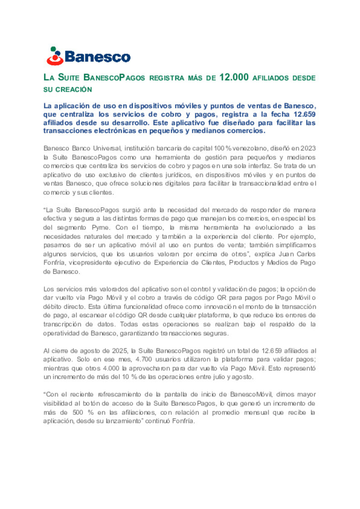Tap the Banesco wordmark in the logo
pos(97,57)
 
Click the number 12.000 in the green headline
pos(234,77)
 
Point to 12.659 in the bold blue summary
pos(304,114)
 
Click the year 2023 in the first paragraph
pos(308,148)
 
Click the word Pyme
pos(100,227)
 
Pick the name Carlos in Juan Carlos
pos(306,254)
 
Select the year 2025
pos(120,351)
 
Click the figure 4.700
pos(144,359)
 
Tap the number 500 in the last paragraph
pos(78,412)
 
